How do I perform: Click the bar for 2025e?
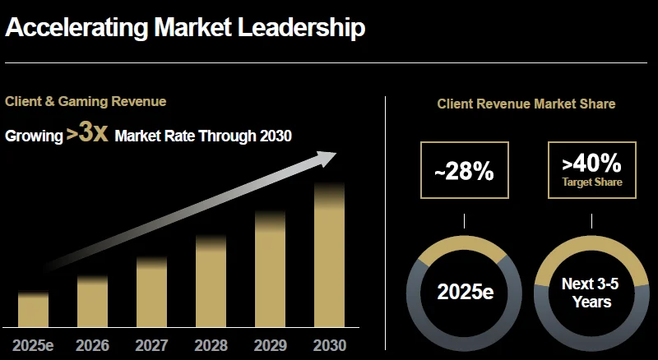click(33, 310)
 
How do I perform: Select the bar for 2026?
click(92, 302)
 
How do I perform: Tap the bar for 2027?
click(151, 293)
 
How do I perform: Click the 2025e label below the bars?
click(33, 345)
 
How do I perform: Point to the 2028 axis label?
click(211, 345)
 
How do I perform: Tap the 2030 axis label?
click(329, 345)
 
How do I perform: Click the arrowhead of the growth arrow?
click(329, 157)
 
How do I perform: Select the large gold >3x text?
click(87, 133)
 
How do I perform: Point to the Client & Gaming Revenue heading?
click(86, 102)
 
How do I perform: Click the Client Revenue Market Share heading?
click(526, 104)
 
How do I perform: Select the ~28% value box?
click(464, 170)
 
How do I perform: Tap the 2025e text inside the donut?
click(465, 293)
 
